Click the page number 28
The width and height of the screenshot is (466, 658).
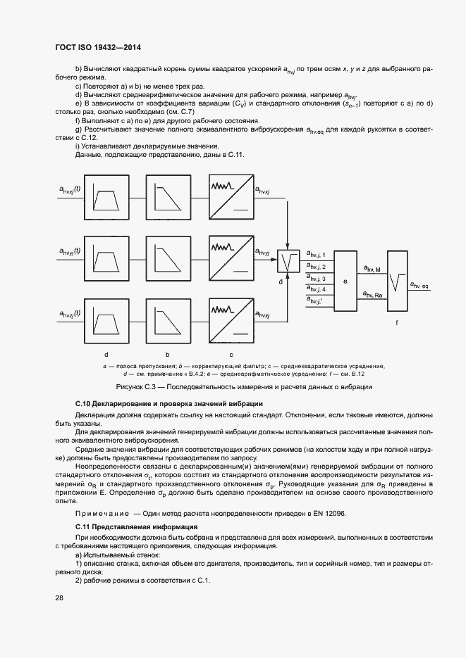point(59,598)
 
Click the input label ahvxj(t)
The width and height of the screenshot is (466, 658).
point(70,189)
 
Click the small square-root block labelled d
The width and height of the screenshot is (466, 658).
point(288,262)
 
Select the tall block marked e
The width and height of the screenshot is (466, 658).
point(345,281)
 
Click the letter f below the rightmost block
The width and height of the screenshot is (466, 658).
point(397,322)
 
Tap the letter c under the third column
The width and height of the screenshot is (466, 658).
point(231,353)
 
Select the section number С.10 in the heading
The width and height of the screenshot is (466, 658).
point(84,404)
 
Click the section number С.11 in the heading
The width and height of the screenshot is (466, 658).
point(84,526)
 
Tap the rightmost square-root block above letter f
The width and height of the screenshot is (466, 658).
point(397,281)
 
